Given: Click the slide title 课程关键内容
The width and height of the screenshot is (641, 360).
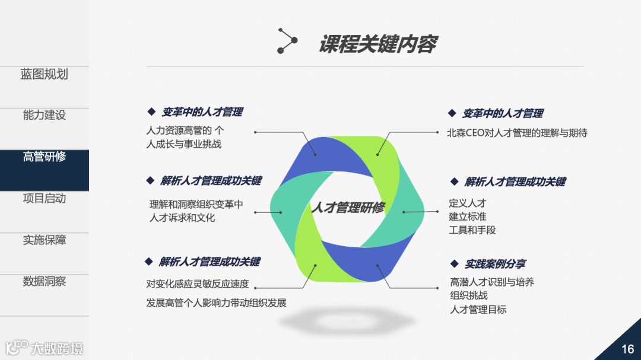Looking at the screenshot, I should pyautogui.click(x=378, y=44).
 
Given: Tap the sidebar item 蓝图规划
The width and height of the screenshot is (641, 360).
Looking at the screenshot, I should pyautogui.click(x=44, y=74).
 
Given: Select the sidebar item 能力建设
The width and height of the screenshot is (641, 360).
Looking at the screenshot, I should pyautogui.click(x=44, y=116).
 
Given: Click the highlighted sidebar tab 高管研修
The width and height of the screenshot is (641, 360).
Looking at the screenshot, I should pyautogui.click(x=44, y=157).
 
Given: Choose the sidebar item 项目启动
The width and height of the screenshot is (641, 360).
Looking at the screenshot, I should pyautogui.click(x=44, y=199).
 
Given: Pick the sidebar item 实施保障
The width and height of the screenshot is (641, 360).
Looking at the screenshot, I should pyautogui.click(x=44, y=240).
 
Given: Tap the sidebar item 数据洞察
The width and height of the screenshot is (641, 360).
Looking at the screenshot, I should pyautogui.click(x=44, y=282).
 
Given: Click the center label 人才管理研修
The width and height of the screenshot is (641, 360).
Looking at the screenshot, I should pyautogui.click(x=347, y=208).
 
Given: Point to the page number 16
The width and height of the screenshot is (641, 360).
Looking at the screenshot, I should pyautogui.click(x=627, y=349).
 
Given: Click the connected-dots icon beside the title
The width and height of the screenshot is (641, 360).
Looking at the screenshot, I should pyautogui.click(x=287, y=41).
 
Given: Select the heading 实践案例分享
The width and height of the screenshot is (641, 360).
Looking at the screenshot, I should pyautogui.click(x=495, y=264).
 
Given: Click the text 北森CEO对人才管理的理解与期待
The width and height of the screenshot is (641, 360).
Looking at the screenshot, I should pyautogui.click(x=517, y=133).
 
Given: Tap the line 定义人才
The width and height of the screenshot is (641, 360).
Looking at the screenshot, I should pyautogui.click(x=468, y=203).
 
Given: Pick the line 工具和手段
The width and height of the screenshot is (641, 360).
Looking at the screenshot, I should pyautogui.click(x=472, y=230).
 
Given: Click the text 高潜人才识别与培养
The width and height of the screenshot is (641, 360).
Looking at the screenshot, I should pyautogui.click(x=492, y=282).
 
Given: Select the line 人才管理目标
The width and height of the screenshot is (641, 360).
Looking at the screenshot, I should pyautogui.click(x=478, y=309).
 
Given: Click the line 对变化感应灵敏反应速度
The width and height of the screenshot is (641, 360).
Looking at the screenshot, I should pyautogui.click(x=198, y=283).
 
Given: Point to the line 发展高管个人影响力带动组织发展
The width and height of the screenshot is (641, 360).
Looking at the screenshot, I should pyautogui.click(x=217, y=302).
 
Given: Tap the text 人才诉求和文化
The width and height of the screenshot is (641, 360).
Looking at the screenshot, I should pyautogui.click(x=182, y=218).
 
